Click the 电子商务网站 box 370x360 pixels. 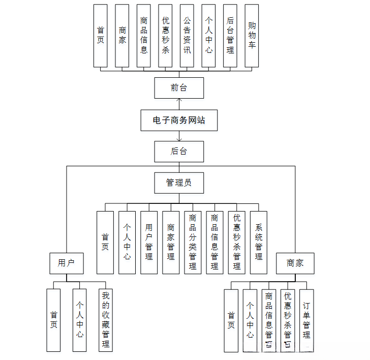click(179, 121)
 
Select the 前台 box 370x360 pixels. click(179, 88)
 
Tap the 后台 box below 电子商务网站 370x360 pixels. click(179, 152)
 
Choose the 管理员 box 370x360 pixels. click(179, 183)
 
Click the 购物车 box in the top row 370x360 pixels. click(252, 36)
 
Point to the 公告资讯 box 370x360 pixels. click(187, 36)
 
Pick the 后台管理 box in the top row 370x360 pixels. click(230, 36)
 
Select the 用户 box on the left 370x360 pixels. click(67, 263)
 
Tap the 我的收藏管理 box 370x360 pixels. click(105, 320)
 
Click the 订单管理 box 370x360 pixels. click(306, 320)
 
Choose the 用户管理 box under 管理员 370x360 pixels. click(149, 243)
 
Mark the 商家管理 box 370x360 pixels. click(171, 243)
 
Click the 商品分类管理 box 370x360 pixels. click(193, 243)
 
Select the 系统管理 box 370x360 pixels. click(258, 243)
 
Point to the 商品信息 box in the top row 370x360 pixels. click(144, 36)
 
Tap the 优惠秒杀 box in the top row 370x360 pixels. click(166, 36)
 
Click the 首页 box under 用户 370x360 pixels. click(53, 320)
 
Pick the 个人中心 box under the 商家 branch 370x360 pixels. click(250, 320)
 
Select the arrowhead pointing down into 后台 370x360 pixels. click(179, 139)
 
